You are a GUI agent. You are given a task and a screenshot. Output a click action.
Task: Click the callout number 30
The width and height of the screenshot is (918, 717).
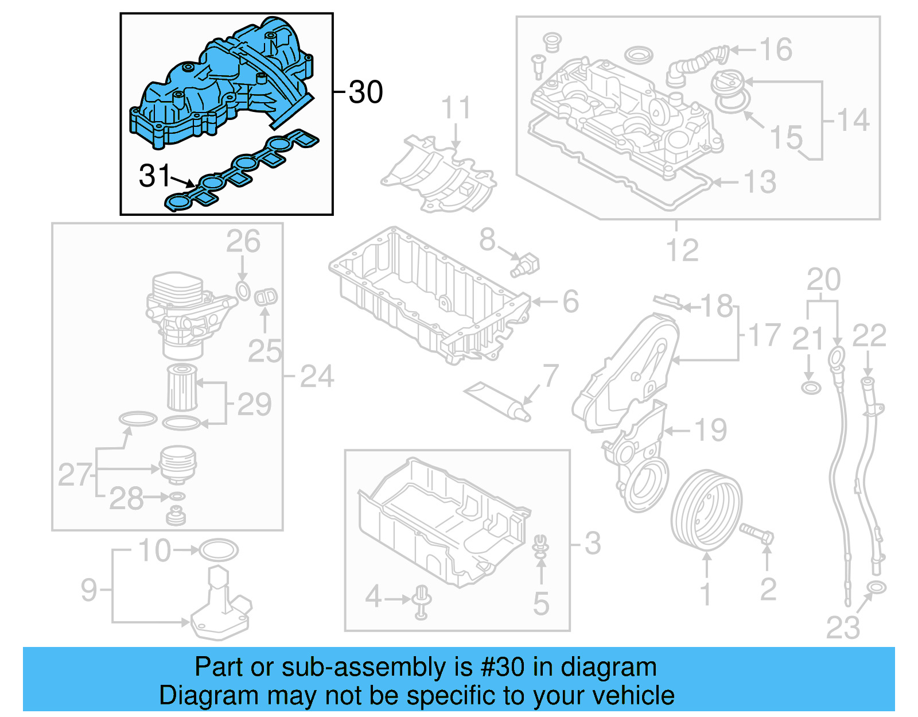[365, 92]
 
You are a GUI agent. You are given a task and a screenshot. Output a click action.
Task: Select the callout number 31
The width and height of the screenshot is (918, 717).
[154, 176]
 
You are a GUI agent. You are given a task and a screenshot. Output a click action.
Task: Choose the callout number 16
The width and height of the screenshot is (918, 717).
[776, 50]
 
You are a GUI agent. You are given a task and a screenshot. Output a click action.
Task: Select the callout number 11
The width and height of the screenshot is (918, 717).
[456, 108]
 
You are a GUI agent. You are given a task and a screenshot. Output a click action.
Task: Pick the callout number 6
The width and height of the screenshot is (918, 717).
[570, 301]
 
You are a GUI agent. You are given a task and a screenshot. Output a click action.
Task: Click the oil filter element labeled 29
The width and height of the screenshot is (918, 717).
[182, 388]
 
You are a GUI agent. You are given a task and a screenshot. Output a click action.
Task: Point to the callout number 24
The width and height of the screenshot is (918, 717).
[317, 377]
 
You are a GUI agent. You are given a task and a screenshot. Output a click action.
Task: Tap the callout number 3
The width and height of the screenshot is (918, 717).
[593, 542]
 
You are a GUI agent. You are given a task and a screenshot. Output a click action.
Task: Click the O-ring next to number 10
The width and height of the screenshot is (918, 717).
[218, 550]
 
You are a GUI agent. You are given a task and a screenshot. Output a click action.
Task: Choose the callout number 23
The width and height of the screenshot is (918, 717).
[843, 627]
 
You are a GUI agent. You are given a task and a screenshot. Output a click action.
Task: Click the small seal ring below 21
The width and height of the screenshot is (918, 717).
[811, 387]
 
